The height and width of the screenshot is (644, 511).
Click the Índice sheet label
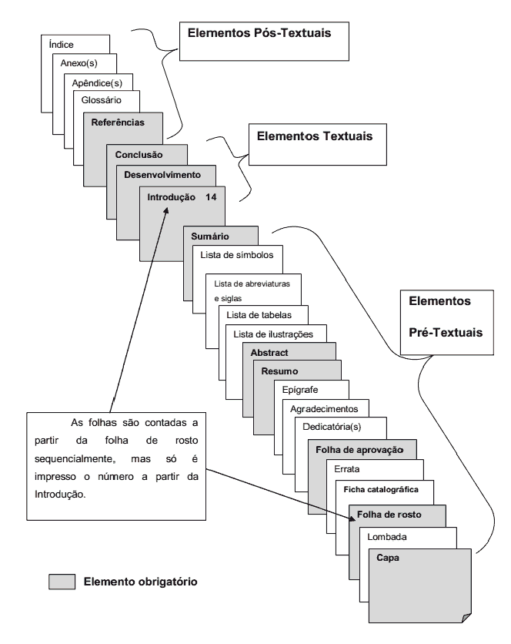tap(61, 45)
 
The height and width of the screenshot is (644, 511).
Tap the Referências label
tap(117, 122)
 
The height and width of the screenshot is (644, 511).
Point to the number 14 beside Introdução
tap(212, 197)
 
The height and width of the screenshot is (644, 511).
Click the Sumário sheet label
tap(212, 236)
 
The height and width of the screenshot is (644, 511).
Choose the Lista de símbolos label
tap(230, 255)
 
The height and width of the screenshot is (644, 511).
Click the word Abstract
tap(269, 353)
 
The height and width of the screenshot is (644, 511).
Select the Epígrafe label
tap(301, 389)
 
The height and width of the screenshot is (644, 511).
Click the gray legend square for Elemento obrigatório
tap(62, 580)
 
